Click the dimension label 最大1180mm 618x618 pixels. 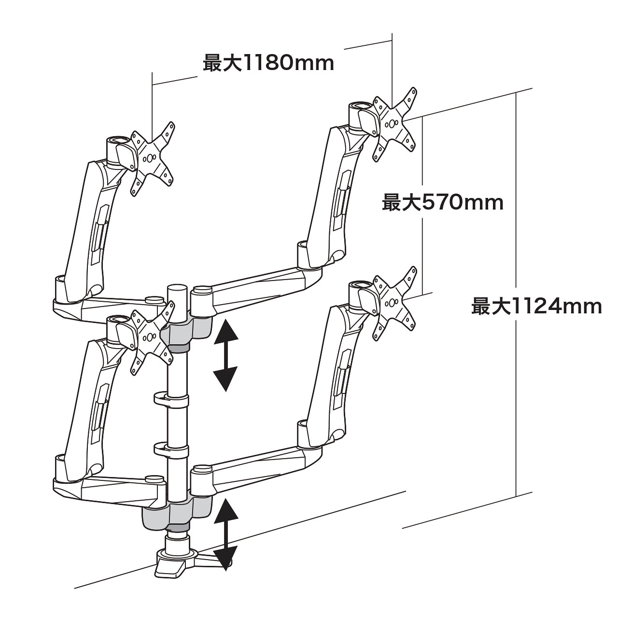pos(268,63)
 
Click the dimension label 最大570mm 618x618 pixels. pos(443,203)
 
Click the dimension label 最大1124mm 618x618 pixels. pos(536,306)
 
